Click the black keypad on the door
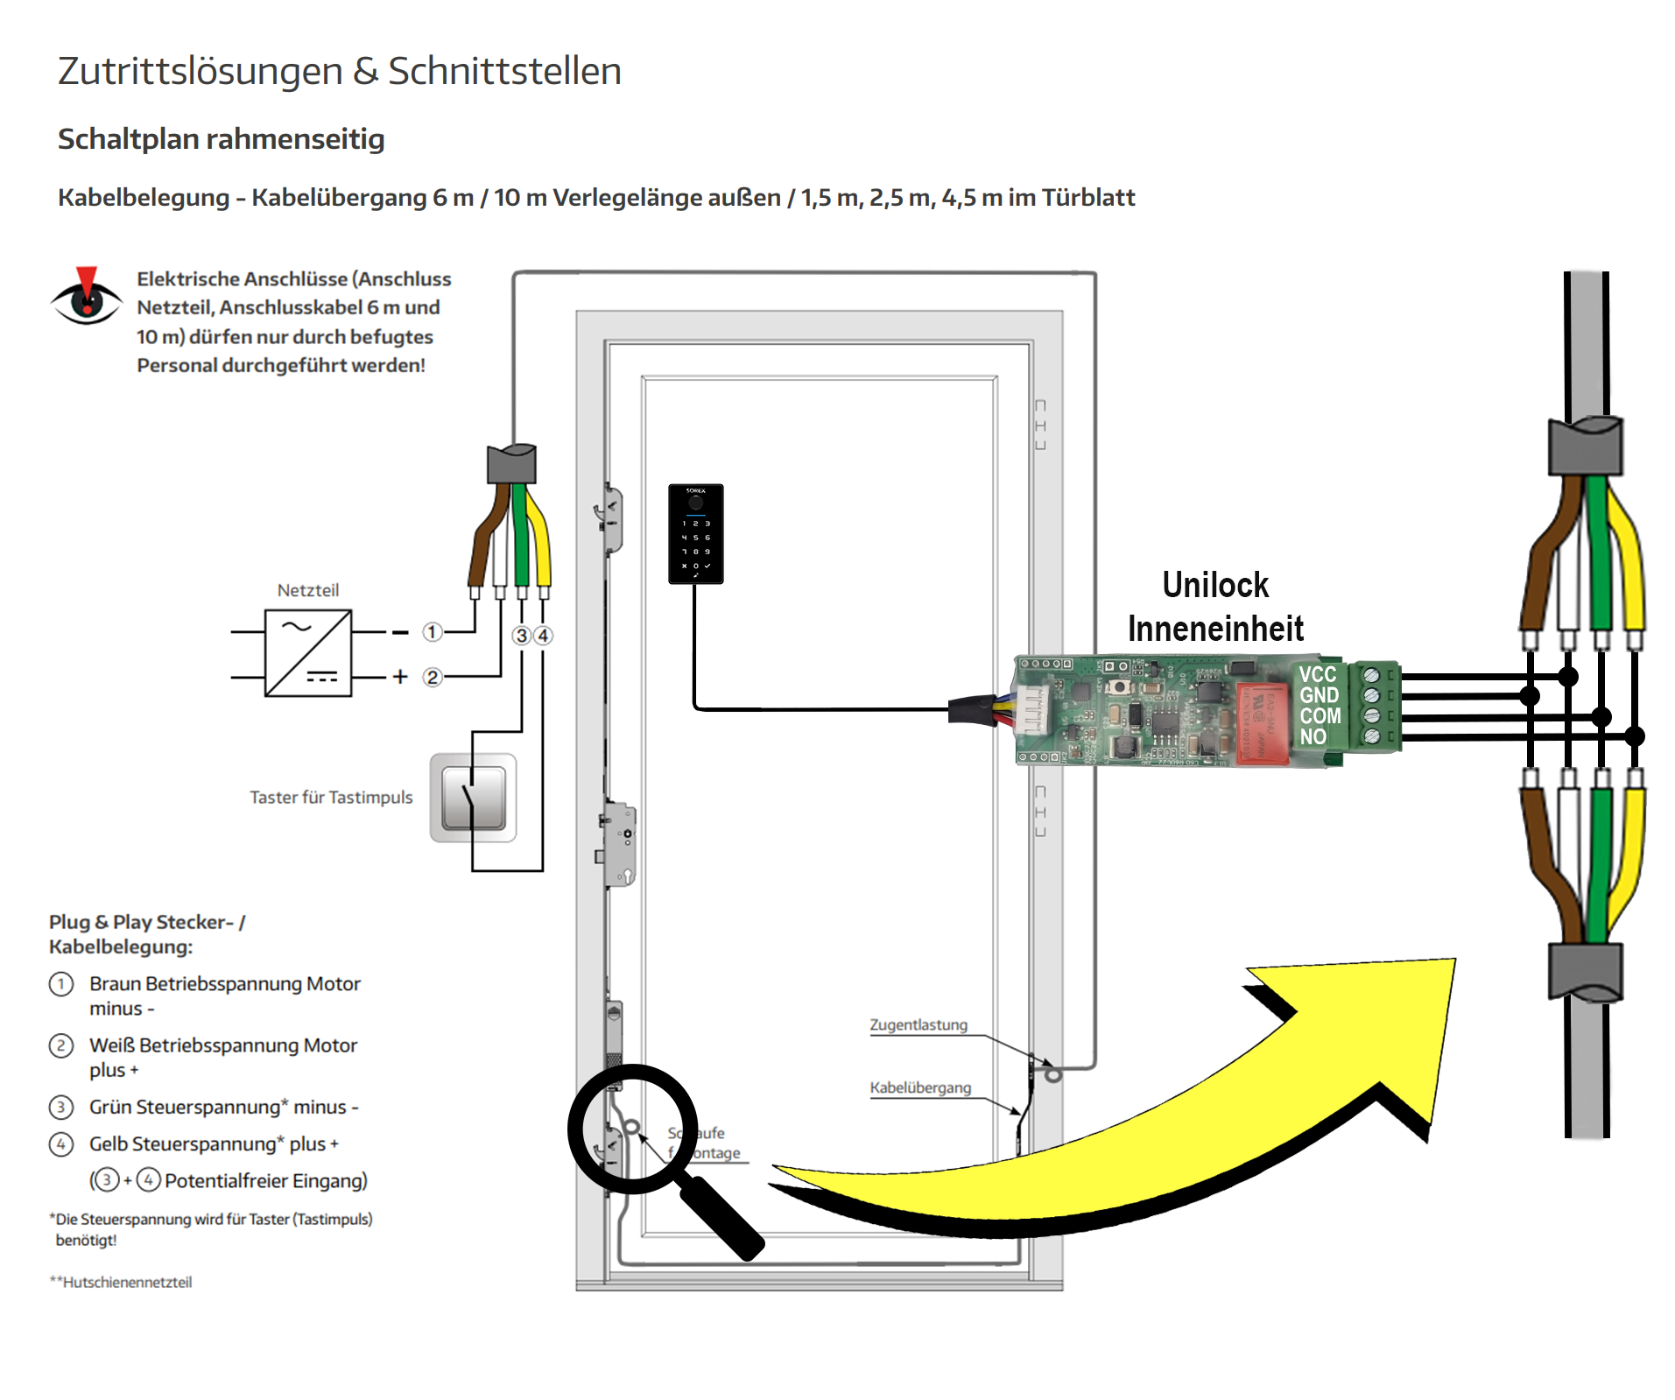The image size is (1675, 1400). (695, 533)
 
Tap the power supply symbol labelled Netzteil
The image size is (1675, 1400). (308, 653)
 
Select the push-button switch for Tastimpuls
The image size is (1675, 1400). (473, 798)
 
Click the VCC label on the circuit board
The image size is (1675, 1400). (1317, 674)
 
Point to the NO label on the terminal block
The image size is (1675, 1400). (1313, 737)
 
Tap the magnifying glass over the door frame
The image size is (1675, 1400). (633, 1129)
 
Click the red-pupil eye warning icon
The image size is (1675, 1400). (86, 298)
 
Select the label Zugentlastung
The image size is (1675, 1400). (918, 1024)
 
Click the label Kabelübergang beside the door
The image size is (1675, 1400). (920, 1087)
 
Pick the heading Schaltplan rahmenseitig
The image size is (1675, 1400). (221, 139)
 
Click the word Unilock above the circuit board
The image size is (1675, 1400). (1215, 585)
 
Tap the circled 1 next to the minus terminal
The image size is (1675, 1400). (432, 631)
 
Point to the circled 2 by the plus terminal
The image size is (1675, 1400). (432, 677)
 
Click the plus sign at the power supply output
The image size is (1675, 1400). (400, 677)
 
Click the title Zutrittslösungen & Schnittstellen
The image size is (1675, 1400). (339, 71)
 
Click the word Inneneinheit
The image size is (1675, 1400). (1215, 629)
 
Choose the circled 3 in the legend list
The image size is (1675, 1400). (60, 1108)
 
